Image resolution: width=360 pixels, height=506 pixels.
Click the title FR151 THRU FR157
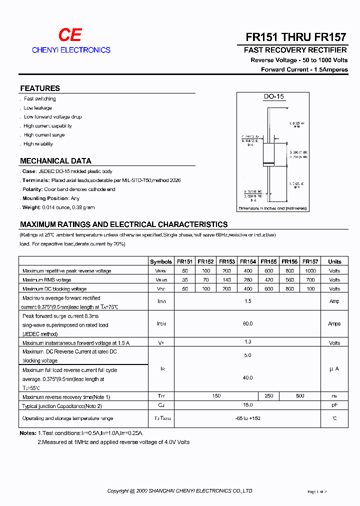[x=296, y=37]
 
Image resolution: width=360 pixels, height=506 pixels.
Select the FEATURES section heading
[x=40, y=88]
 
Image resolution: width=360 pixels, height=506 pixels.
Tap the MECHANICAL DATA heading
[x=55, y=161]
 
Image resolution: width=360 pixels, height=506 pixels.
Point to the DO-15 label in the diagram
[x=273, y=96]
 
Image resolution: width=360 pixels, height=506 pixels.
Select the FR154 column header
[x=248, y=261]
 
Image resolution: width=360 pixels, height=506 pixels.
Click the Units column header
[x=334, y=261]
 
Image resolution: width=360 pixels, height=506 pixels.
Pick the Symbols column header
[x=161, y=261]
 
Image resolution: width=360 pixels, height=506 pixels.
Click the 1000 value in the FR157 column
[x=310, y=270]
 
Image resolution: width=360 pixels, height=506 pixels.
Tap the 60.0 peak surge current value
[x=248, y=324]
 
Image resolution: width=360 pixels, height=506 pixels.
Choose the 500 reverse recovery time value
[x=300, y=396]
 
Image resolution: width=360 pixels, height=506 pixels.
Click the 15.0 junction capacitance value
[x=248, y=405]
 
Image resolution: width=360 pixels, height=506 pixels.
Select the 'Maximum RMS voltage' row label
[x=47, y=280]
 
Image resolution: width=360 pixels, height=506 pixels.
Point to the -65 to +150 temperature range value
[x=248, y=418]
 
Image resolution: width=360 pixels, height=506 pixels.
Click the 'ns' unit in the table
[x=334, y=396]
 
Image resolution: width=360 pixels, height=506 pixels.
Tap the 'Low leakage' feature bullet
[x=37, y=108]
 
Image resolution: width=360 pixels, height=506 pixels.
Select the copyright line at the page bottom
[x=179, y=491]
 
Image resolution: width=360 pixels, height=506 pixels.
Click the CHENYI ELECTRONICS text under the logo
[x=71, y=50]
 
